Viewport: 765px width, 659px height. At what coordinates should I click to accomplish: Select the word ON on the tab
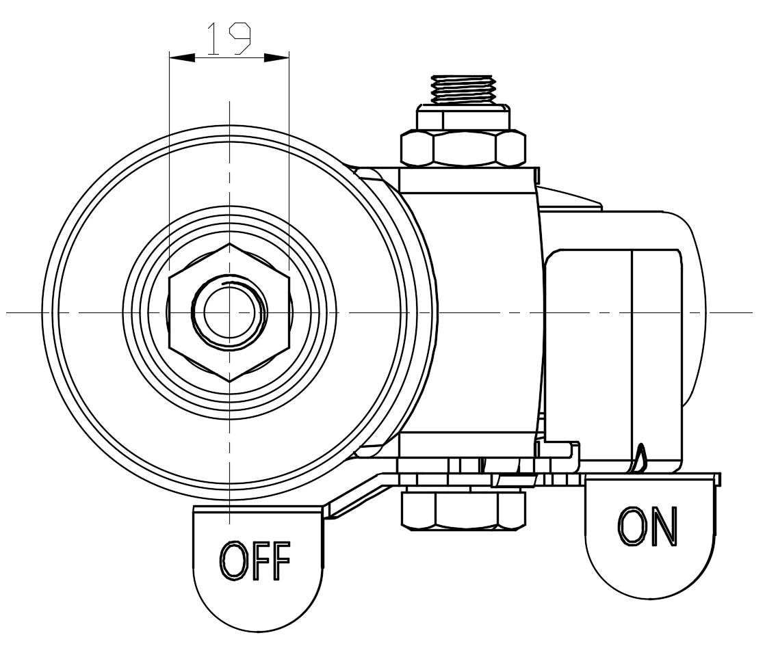click(x=647, y=527)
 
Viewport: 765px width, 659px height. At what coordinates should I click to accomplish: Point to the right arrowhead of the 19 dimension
click(x=276, y=57)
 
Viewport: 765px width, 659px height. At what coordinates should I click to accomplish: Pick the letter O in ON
click(x=630, y=527)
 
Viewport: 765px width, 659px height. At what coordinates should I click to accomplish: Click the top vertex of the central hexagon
click(x=229, y=243)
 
